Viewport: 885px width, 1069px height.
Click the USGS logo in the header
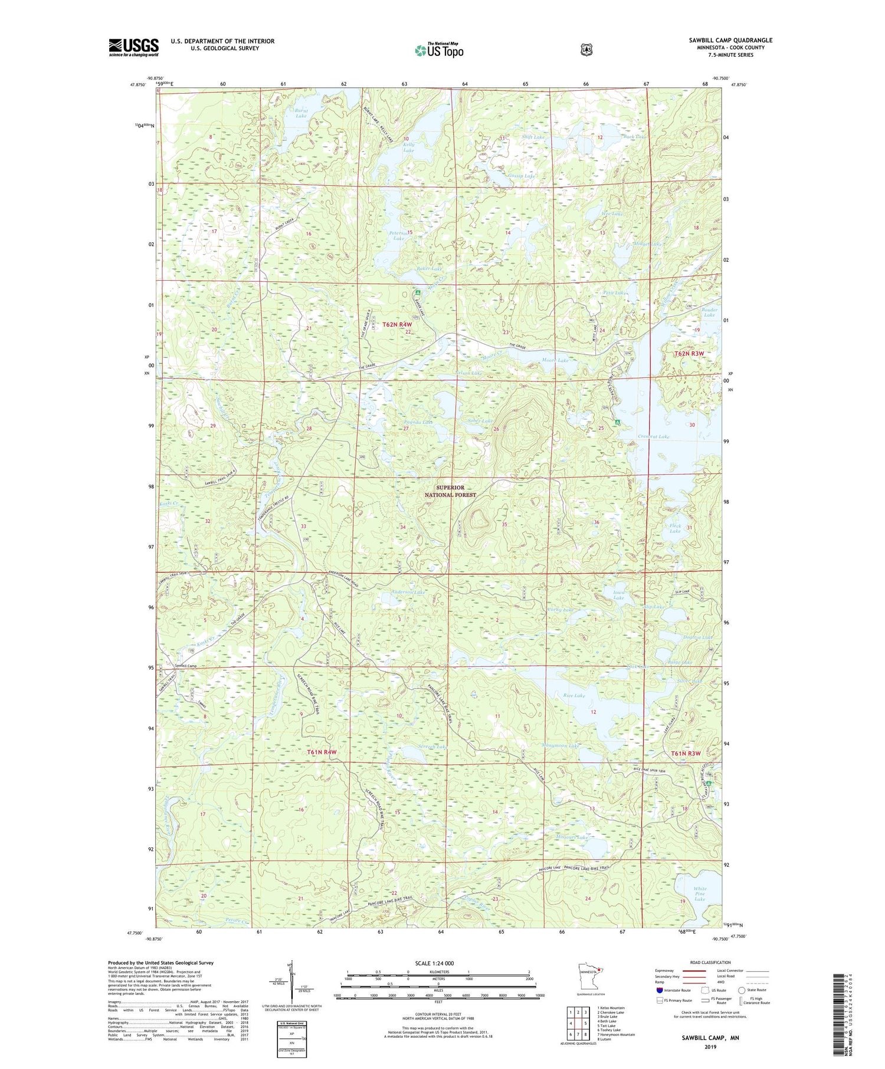pos(133,47)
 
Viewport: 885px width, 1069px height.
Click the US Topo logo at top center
pos(439,50)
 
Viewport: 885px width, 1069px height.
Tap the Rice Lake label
pos(573,696)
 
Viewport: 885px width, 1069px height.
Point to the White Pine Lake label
pos(700,894)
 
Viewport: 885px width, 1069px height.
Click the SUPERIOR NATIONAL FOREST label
pos(450,491)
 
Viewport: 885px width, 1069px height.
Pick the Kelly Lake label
pos(408,147)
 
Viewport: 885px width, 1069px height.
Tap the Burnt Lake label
pos(301,113)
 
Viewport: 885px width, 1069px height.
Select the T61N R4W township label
pos(322,752)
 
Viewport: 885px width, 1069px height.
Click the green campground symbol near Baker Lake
pos(417,292)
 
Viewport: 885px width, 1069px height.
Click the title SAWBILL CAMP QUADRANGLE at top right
pos(730,40)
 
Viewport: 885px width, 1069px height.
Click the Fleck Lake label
pos(675,528)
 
